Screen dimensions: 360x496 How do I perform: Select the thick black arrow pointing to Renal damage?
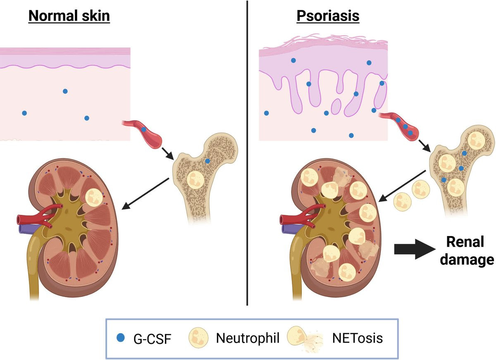413,250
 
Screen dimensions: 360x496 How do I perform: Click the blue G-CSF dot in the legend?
120,339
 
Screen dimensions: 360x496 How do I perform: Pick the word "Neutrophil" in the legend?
248,339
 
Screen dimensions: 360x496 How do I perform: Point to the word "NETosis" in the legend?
358,339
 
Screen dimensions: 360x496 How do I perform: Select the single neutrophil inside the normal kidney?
95,197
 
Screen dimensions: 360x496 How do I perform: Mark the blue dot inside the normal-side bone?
207,161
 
